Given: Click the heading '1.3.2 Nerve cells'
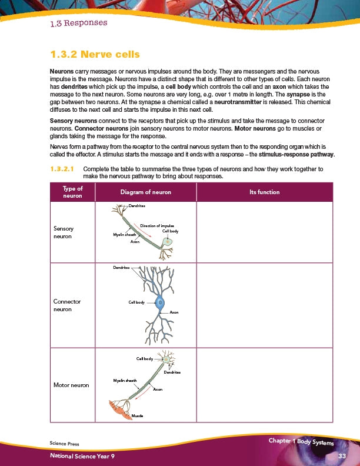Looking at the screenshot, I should click(95, 55).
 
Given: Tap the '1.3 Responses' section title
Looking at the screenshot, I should click(79, 24).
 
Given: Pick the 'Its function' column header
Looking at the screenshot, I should click(264, 192).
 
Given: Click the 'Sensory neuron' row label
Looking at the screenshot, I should click(64, 231).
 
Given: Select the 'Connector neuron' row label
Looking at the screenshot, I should click(66, 305).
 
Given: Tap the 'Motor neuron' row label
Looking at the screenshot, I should click(71, 385).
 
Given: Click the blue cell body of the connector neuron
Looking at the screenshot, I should click(160, 304).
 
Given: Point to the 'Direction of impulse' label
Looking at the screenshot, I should click(156, 225).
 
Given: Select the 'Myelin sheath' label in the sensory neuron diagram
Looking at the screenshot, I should click(124, 234).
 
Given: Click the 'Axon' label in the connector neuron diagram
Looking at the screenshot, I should click(174, 312).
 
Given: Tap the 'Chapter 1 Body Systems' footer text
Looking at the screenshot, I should click(301, 442).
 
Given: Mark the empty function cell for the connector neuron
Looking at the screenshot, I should click(264, 305).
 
